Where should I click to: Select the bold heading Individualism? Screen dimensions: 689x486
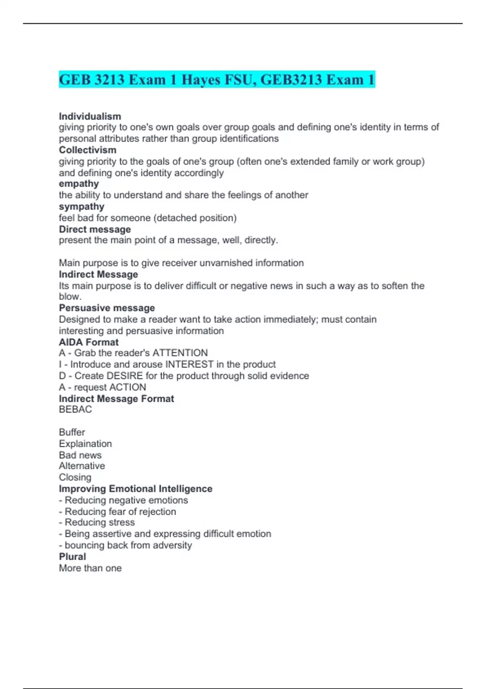[x=90, y=116]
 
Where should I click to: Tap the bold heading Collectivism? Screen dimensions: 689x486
[x=87, y=150]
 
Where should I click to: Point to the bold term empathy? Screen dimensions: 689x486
[x=79, y=184]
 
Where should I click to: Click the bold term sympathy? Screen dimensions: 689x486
[x=81, y=207]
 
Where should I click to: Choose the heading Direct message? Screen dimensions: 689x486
[x=95, y=229]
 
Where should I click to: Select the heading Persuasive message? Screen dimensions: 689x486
[x=107, y=308]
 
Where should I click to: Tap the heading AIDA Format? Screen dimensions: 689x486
[x=89, y=342]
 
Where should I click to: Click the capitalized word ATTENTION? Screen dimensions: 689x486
[x=180, y=353]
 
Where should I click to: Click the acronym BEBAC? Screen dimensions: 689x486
[x=75, y=409]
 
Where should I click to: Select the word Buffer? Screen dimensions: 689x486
[x=72, y=432]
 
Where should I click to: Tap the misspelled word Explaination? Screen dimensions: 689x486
[x=85, y=444]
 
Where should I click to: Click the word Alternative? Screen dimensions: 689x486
[x=82, y=466]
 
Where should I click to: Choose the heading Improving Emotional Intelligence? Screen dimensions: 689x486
[x=135, y=489]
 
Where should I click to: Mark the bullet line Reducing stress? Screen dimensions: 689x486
[x=99, y=522]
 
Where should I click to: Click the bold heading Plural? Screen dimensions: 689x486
[x=72, y=556]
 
